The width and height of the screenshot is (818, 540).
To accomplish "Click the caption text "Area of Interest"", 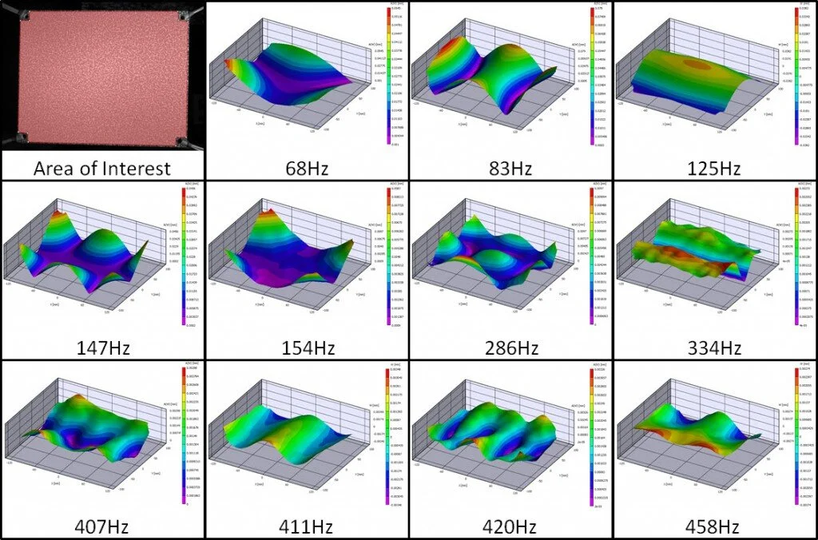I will point(102,169).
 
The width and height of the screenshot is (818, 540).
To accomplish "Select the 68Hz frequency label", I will point(307,169).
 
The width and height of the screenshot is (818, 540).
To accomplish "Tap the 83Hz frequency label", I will point(511,169).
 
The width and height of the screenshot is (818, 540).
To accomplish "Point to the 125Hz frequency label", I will point(716,169).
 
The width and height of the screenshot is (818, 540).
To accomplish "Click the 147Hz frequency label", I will point(102,348).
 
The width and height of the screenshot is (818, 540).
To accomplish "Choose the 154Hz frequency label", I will point(307,348).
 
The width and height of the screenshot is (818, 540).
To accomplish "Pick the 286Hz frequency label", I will point(511,348).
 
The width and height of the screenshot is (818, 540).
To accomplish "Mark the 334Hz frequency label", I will point(716,348).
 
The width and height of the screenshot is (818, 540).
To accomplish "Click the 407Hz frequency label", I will point(102,527).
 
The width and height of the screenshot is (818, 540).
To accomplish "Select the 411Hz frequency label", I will point(307,527).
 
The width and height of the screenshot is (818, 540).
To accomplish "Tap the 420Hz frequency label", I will point(511,527).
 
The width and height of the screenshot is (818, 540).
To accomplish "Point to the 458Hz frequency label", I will point(716,527).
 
